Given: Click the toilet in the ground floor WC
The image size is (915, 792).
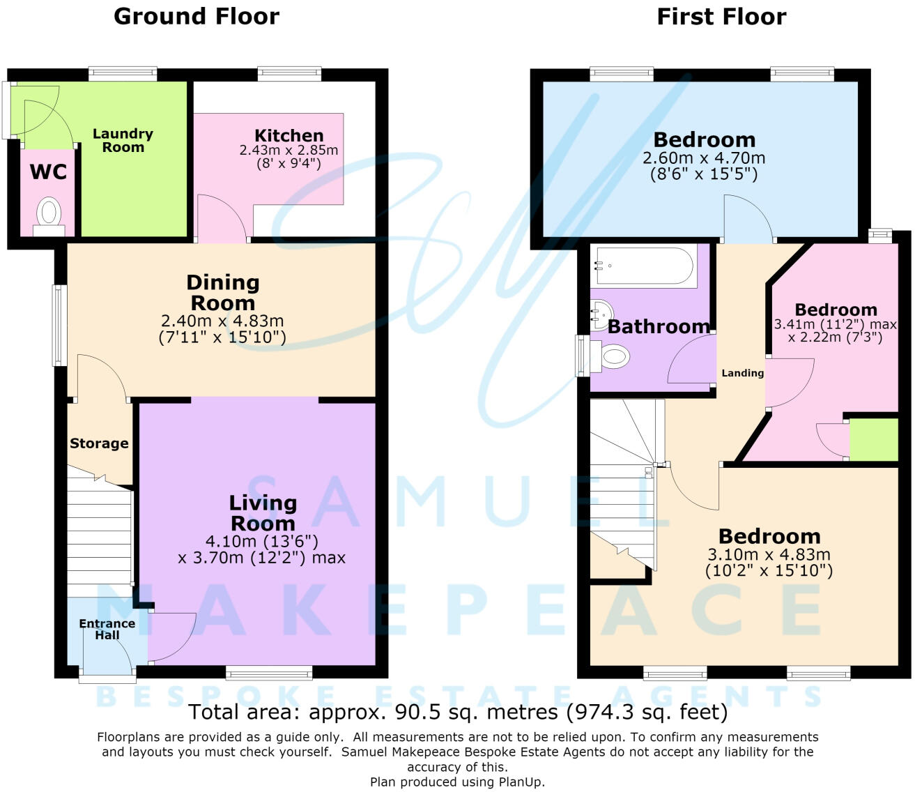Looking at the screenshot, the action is (x=49, y=217).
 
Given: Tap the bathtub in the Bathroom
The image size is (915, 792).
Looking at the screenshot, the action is (x=644, y=266).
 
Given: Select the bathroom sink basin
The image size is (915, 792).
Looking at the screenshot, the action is (x=601, y=315).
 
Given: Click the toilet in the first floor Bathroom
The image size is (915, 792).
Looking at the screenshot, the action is (x=610, y=356).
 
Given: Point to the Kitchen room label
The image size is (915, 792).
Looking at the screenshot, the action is (x=289, y=135).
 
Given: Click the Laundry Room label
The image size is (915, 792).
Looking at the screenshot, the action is (x=123, y=140).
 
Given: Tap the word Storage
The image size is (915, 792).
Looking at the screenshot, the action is (x=99, y=443).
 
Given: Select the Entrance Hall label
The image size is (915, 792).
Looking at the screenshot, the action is (x=107, y=629).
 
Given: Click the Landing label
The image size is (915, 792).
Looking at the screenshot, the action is (x=742, y=373).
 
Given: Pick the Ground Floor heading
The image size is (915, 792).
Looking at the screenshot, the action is (x=197, y=17).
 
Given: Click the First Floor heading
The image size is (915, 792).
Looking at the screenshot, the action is (x=721, y=17).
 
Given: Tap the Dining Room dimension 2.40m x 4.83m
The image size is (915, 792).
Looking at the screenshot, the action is (x=222, y=321).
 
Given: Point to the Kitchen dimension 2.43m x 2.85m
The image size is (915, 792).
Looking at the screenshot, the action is (x=289, y=150).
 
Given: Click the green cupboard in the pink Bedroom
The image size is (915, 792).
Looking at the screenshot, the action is (x=873, y=440).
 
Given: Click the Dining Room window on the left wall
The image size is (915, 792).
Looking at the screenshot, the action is (x=60, y=326).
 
